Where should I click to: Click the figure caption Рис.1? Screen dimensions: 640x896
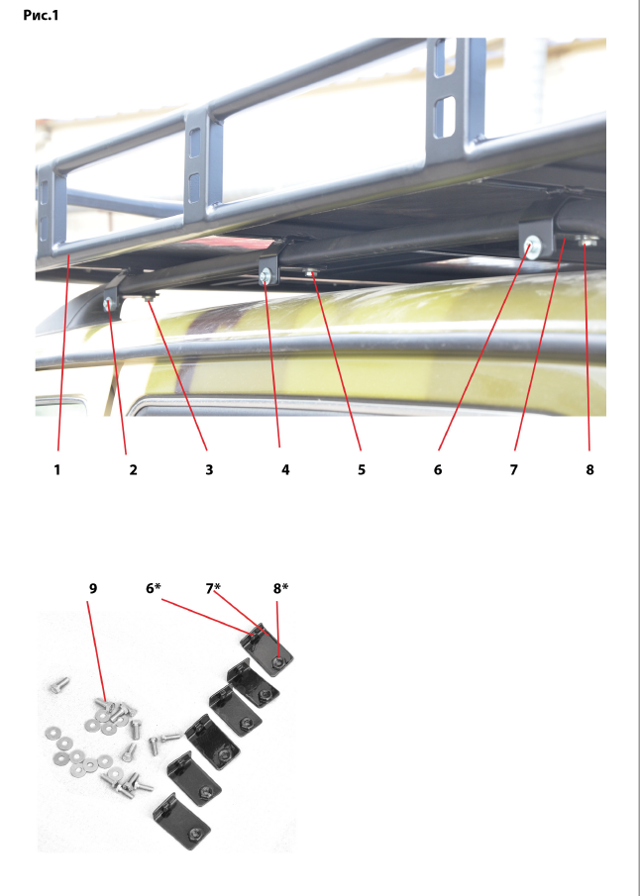pyautogui.click(x=41, y=16)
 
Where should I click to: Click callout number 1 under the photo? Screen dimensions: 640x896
pyautogui.click(x=57, y=469)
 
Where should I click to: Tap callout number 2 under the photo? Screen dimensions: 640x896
pyautogui.click(x=134, y=469)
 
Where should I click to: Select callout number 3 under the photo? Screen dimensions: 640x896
pyautogui.click(x=209, y=469)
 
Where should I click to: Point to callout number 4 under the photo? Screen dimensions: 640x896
pyautogui.click(x=285, y=469)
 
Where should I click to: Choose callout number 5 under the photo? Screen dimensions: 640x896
pyautogui.click(x=362, y=469)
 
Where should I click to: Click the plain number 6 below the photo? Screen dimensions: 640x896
pyautogui.click(x=438, y=469)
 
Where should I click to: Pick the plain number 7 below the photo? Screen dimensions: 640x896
pyautogui.click(x=513, y=469)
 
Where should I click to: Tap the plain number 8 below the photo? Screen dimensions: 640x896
pyautogui.click(x=589, y=469)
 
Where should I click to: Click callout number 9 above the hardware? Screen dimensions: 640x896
pyautogui.click(x=93, y=588)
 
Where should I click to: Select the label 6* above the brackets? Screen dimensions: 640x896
pyautogui.click(x=154, y=588)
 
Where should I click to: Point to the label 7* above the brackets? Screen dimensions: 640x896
pyautogui.click(x=213, y=588)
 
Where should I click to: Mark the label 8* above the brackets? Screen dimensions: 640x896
pyautogui.click(x=280, y=588)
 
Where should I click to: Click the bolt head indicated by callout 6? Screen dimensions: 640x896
pyautogui.click(x=532, y=247)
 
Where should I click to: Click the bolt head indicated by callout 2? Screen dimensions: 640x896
pyautogui.click(x=108, y=304)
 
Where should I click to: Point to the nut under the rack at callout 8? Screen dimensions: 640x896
pyautogui.click(x=586, y=242)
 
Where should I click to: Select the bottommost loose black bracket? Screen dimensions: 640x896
pyautogui.click(x=182, y=821)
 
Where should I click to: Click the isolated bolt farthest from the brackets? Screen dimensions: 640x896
pyautogui.click(x=59, y=684)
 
